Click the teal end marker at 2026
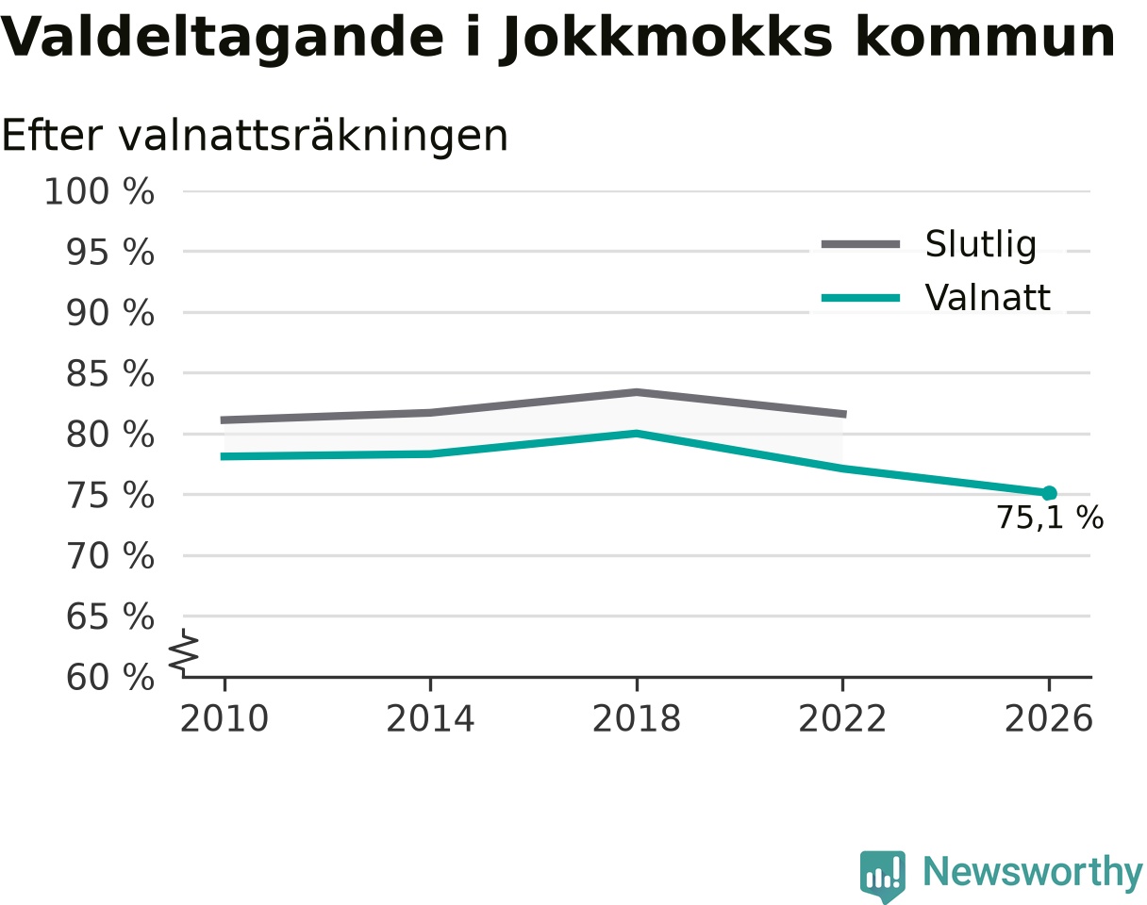pos(1048,493)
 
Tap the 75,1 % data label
pos(1050,518)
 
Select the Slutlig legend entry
pos(929,244)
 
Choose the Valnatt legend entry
pos(936,297)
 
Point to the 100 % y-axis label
pos(99,191)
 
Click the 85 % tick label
pos(109,374)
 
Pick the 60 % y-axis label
pos(109,678)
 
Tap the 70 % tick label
pos(109,556)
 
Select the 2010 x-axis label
pos(224,719)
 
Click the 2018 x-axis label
pos(637,719)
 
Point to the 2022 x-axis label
pos(842,719)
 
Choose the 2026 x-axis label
pos(1048,719)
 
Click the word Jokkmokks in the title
pos(665,39)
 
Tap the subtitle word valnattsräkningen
pos(313,137)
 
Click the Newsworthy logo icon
pos(882,873)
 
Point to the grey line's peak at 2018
pos(637,392)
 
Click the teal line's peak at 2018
pos(637,434)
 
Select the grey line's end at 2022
pos(845,414)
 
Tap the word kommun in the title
pos(985,39)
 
